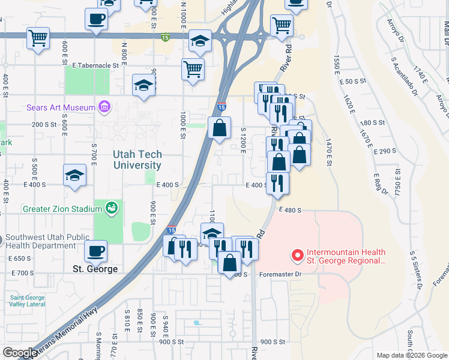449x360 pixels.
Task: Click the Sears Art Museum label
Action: click(61, 108)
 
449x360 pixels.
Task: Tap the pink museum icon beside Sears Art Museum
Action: click(105, 107)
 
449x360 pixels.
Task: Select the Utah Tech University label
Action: click(137, 160)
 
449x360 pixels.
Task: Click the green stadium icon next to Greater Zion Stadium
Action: click(110, 208)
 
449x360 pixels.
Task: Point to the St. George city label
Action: click(95, 269)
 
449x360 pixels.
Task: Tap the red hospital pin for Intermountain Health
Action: click(297, 256)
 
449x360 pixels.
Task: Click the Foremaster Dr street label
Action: click(282, 274)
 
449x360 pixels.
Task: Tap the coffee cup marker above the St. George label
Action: click(95, 251)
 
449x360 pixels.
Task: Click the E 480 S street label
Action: click(289, 210)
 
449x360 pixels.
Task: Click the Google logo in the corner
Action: click(20, 353)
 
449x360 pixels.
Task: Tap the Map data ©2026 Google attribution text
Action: click(411, 355)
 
